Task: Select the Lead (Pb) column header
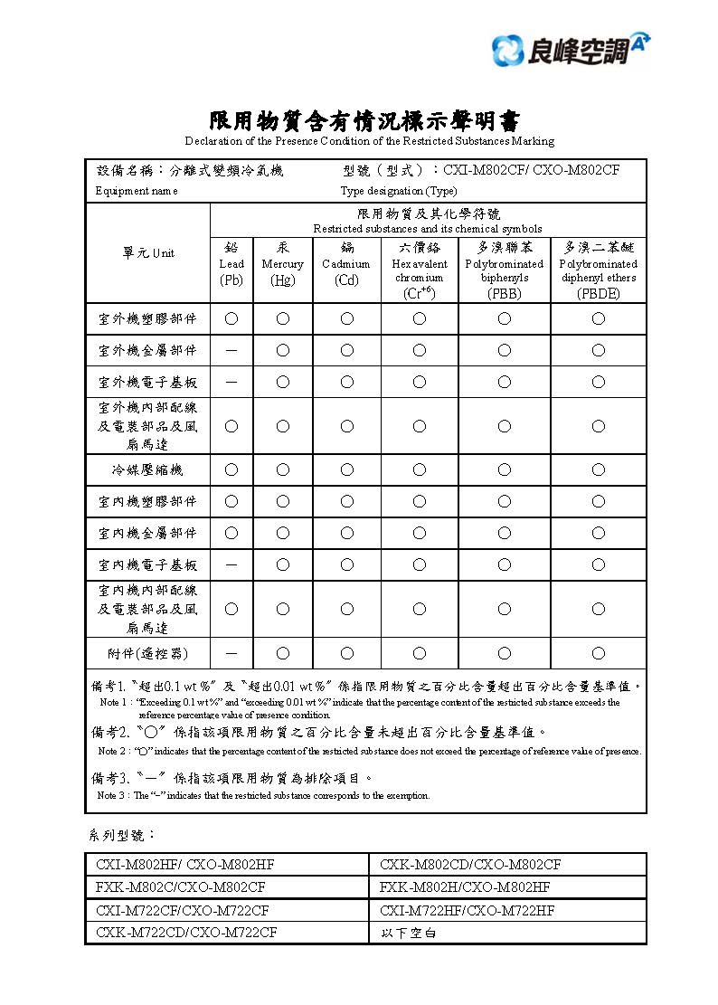click(231, 264)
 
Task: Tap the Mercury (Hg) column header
click(283, 264)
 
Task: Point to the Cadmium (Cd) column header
click(346, 264)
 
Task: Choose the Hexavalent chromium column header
click(420, 270)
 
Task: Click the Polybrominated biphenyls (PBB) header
click(505, 270)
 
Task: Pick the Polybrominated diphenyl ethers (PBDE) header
click(599, 270)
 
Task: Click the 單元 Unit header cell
click(148, 253)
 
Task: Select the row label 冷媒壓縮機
click(148, 469)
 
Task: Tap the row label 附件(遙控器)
click(148, 652)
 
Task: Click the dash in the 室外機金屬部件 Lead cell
click(231, 350)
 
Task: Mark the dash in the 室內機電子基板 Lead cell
click(231, 565)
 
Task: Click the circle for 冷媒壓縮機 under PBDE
click(599, 469)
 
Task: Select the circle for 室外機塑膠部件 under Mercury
click(283, 318)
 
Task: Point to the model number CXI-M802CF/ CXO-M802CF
click(532, 170)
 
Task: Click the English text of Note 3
click(263, 796)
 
